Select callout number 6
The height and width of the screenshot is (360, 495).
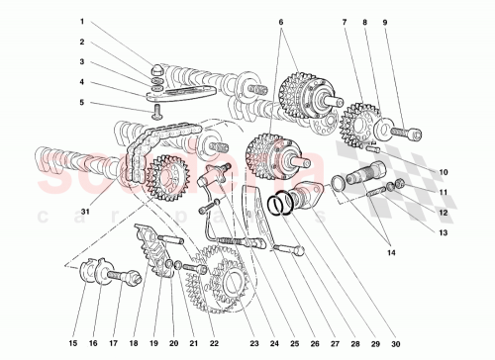pyautogui.click(x=281, y=23)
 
